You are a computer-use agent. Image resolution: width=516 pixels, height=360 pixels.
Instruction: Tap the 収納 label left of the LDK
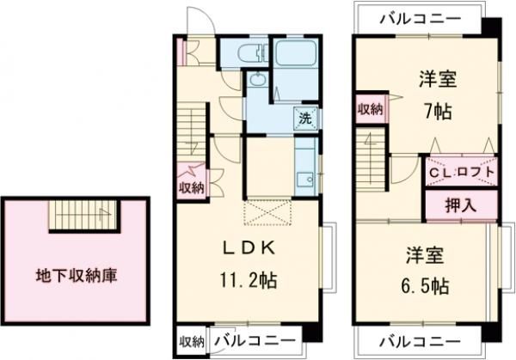[x=191, y=186]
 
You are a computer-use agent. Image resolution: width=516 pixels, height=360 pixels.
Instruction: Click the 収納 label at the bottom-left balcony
[x=191, y=341]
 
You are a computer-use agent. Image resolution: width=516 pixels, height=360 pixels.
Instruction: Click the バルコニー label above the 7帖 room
[x=417, y=18]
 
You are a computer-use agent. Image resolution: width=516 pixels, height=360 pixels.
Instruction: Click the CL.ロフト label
[x=463, y=171]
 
